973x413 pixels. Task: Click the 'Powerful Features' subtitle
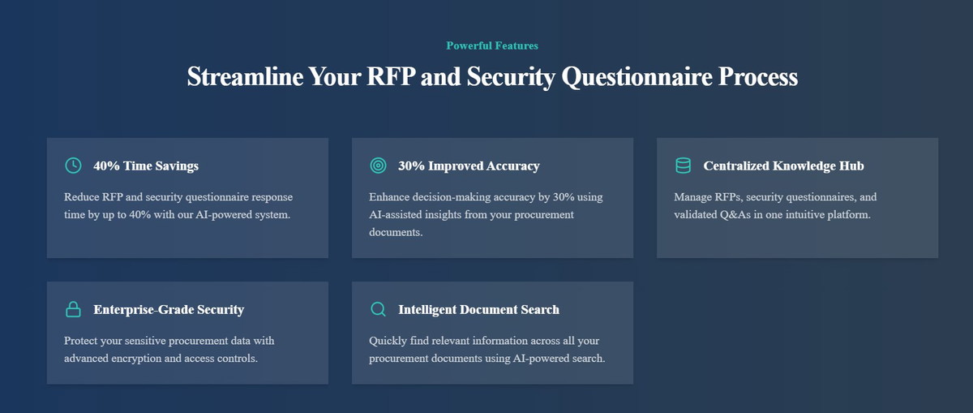coord(492,45)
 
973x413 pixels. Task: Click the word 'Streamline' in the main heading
coord(245,76)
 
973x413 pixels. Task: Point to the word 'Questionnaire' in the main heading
coord(637,77)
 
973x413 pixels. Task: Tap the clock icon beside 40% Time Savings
coord(73,166)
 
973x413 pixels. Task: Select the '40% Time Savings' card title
coord(146,166)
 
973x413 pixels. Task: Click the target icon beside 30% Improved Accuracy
coord(378,166)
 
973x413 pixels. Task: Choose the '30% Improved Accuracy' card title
coord(469,166)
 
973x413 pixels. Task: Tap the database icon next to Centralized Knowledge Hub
coord(683,166)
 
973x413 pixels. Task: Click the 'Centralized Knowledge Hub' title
coord(783,166)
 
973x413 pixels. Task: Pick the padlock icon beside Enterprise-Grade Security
coord(73,309)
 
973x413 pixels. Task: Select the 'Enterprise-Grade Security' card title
coord(169,309)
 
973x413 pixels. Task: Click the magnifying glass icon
coord(378,309)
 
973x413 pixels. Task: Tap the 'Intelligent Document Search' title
coord(478,309)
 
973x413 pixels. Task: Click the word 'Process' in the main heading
coord(758,76)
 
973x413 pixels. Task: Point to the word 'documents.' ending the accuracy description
coord(396,232)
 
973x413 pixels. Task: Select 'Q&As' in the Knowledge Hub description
coord(735,215)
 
